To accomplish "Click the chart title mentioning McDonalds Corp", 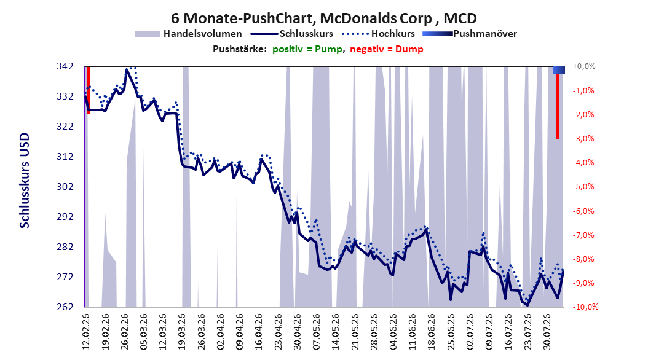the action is tap(323, 18).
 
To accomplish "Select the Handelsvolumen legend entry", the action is tap(188, 34).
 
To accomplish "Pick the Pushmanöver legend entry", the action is tap(470, 34).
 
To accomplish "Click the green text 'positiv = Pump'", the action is tap(307, 49).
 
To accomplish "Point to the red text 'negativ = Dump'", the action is tap(387, 49).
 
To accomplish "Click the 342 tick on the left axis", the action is tap(65, 66).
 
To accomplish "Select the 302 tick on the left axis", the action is tap(65, 187).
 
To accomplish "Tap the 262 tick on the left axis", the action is tap(65, 307).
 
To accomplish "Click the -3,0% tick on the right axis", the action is tap(583, 138).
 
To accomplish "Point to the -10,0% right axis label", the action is tap(585, 307).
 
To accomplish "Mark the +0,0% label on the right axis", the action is tap(584, 66).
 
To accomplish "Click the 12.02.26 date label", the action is tap(86, 332).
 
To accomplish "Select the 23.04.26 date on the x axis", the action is tap(278, 332).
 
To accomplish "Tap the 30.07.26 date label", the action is tap(547, 332).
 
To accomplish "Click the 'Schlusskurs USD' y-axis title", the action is tap(25, 181).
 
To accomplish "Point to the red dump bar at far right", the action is tap(558, 106).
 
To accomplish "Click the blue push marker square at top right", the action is tap(559, 70).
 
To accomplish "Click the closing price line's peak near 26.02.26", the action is tap(127, 70).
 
